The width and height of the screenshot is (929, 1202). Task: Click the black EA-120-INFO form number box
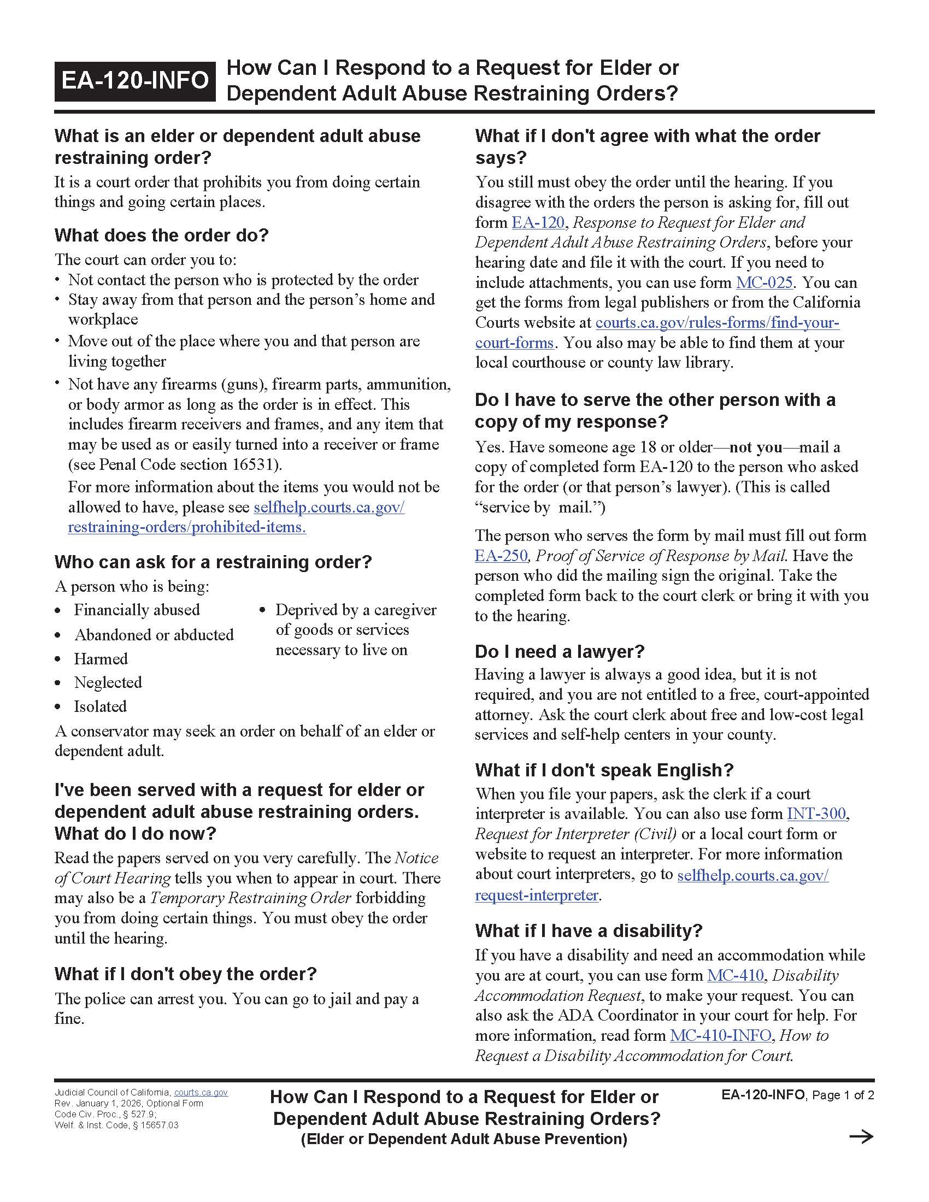click(135, 81)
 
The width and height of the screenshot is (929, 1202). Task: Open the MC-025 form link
click(764, 282)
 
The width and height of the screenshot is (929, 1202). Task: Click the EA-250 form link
click(501, 555)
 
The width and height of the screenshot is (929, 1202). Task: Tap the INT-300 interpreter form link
click(816, 814)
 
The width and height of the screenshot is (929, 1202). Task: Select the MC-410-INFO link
click(720, 1035)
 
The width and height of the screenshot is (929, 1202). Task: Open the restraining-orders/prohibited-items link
click(186, 527)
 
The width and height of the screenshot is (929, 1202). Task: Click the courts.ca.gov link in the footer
click(201, 1093)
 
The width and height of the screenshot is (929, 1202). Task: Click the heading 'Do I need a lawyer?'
click(559, 651)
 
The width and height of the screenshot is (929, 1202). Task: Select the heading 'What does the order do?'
click(161, 235)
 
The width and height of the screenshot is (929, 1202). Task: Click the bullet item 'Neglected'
click(108, 682)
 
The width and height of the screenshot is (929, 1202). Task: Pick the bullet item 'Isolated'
click(100, 706)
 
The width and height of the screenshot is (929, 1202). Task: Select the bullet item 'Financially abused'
click(137, 610)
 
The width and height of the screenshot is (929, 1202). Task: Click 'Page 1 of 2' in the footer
click(843, 1095)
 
